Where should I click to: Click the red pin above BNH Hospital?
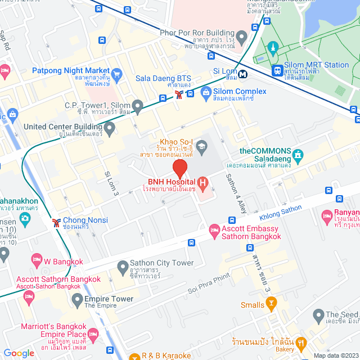[x=179, y=168]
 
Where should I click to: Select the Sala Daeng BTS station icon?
[x=178, y=94]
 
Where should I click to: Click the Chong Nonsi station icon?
[x=56, y=222]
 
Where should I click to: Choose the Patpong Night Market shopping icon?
[x=116, y=73]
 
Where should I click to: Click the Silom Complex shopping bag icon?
[x=205, y=91]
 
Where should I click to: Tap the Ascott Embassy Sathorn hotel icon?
[x=214, y=229]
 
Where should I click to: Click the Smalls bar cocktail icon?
[x=272, y=305]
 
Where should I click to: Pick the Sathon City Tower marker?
[x=122, y=265]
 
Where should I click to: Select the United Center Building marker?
[x=110, y=129]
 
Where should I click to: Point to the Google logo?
[x=19, y=353]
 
